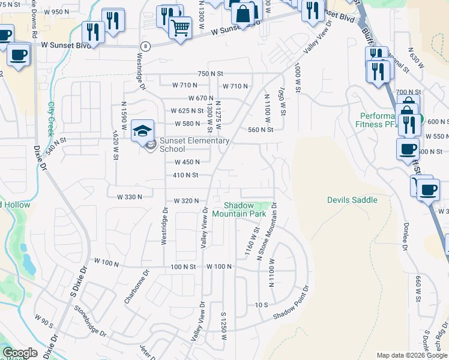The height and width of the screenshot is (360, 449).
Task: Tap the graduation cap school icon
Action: point(142,130)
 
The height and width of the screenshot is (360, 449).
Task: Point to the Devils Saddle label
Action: point(352,200)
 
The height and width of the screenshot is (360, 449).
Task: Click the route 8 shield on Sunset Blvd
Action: point(145,46)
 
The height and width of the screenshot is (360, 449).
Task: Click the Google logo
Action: point(20,353)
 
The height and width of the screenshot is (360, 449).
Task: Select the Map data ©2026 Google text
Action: point(412,355)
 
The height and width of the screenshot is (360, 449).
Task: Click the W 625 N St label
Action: point(187,111)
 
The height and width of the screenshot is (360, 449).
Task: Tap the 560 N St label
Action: point(261,130)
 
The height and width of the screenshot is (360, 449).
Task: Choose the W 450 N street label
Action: point(187,162)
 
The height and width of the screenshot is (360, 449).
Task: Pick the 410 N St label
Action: point(185,175)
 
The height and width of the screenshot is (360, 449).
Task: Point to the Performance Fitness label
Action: point(384,119)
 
